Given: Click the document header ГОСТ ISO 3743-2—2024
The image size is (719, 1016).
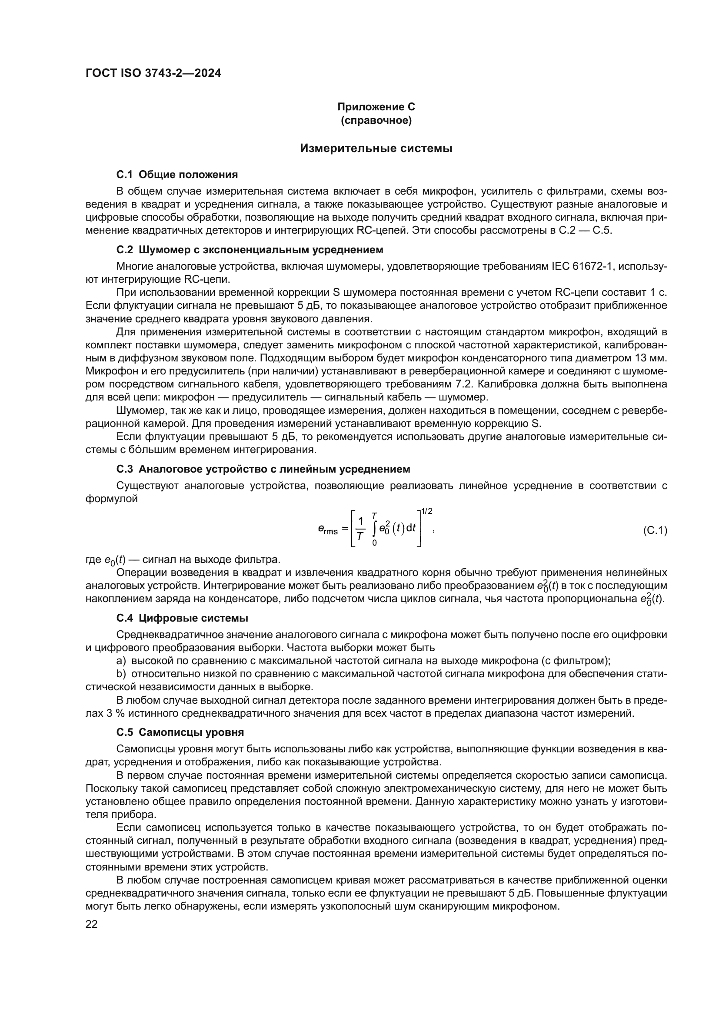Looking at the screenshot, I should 153,73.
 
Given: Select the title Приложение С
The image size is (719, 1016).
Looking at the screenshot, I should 376,107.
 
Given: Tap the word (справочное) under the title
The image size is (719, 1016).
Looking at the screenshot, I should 376,120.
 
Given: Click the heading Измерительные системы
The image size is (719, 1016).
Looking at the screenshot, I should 376,148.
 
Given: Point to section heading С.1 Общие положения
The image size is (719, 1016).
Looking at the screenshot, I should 177,175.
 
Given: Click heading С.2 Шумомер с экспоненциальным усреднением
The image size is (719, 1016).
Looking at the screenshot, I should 250,250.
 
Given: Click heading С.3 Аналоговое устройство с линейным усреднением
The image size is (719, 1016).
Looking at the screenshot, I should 263,469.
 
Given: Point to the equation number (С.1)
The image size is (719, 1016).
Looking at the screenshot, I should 654,530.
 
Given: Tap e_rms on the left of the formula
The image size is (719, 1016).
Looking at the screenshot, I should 328,530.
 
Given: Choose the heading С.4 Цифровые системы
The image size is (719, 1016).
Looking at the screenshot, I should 182,618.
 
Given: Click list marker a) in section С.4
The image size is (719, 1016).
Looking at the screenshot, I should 121,661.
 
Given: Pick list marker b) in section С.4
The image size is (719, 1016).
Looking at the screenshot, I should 121,674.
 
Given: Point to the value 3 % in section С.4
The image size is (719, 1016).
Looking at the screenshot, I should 116,713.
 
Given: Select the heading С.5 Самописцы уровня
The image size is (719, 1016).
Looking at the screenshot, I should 180,732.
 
